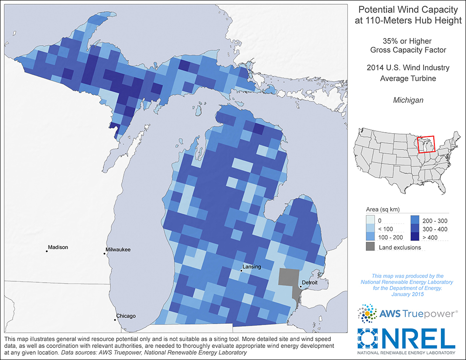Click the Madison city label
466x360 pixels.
pos(58,247)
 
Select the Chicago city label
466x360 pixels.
pos(126,316)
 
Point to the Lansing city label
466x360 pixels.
pos(251,267)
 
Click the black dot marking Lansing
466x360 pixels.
pos(241,270)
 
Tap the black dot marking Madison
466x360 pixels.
pos(47,251)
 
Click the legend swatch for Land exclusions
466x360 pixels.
pos(369,247)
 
